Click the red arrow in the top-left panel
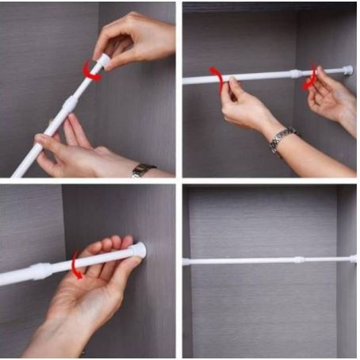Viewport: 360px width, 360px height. [92, 72]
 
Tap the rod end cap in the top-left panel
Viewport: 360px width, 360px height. [102, 62]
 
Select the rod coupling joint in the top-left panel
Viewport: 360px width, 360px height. [70, 102]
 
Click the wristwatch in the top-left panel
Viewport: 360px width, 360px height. [144, 170]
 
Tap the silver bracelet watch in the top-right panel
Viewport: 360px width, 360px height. [282, 140]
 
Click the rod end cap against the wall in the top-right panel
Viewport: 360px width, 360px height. [348, 70]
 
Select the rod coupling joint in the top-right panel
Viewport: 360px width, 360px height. [296, 74]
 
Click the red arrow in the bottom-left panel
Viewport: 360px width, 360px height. [75, 264]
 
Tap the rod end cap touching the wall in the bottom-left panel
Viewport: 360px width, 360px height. [138, 250]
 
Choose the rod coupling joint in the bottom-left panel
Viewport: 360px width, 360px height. [42, 270]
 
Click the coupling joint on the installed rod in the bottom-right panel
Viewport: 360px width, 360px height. [299, 259]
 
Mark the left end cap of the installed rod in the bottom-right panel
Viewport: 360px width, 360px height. [186, 261]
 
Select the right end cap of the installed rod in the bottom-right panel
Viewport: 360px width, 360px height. [353, 259]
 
